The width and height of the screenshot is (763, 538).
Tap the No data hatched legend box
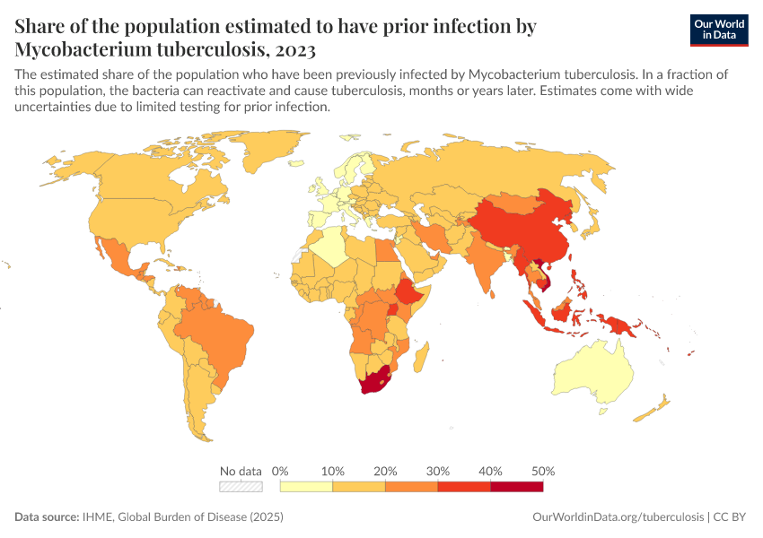coord(241,487)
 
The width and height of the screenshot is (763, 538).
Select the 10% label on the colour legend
coord(332,471)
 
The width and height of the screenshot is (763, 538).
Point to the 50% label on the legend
coord(543,471)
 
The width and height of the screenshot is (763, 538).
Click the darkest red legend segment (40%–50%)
coord(517,487)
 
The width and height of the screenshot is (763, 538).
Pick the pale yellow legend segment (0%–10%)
coord(306,487)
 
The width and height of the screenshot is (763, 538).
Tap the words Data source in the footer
coord(45,517)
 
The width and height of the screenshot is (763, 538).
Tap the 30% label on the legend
coord(437,471)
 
